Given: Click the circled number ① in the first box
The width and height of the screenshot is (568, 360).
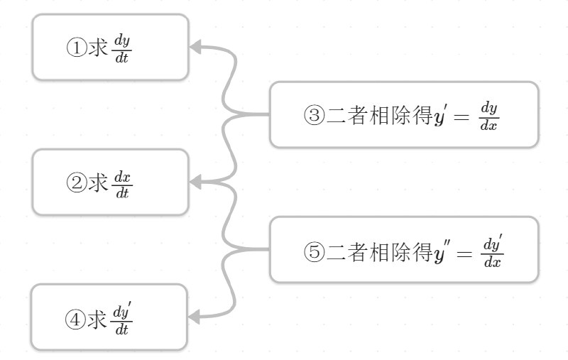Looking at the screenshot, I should pyautogui.click(x=76, y=48).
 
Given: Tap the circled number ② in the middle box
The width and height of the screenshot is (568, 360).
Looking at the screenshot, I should pyautogui.click(x=76, y=183).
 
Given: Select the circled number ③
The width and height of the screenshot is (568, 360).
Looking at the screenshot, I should pyautogui.click(x=314, y=116).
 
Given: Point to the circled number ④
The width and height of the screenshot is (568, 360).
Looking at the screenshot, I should pyautogui.click(x=75, y=320).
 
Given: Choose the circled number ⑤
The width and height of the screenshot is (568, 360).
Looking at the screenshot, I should pyautogui.click(x=314, y=251).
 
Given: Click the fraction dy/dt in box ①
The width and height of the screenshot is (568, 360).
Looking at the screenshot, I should pyautogui.click(x=122, y=48).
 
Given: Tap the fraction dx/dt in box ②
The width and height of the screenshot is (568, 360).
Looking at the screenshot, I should pyautogui.click(x=122, y=183).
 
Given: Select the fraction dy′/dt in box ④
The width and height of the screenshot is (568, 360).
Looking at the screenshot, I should pyautogui.click(x=123, y=319).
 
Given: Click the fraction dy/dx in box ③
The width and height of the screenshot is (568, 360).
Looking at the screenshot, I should pyautogui.click(x=488, y=116).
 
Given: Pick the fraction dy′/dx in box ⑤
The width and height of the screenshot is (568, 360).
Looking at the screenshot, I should pyautogui.click(x=493, y=251).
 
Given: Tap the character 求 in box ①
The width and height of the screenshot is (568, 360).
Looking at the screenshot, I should pyautogui.click(x=97, y=48).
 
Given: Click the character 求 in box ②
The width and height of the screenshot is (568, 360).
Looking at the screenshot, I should pyautogui.click(x=97, y=183).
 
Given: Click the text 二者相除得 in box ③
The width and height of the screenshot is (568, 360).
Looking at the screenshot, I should pyautogui.click(x=379, y=116).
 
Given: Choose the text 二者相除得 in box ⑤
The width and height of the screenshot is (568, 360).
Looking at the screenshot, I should pyautogui.click(x=379, y=251).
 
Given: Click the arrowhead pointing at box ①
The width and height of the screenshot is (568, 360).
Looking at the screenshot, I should pyautogui.click(x=196, y=48).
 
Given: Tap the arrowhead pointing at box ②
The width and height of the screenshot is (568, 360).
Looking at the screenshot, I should pyautogui.click(x=196, y=182).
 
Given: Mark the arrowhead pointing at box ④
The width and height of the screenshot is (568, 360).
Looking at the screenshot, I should pyautogui.click(x=196, y=317).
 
